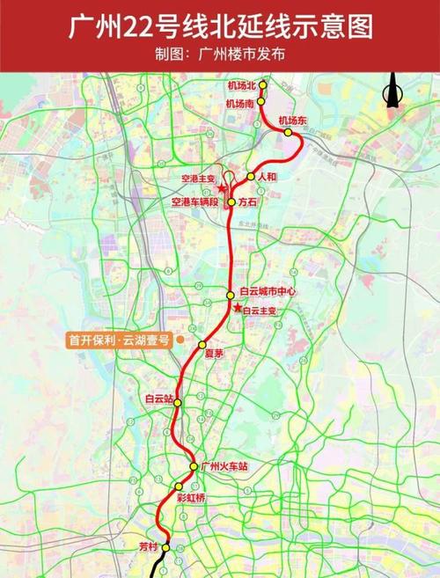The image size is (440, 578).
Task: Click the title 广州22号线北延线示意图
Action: (220, 26)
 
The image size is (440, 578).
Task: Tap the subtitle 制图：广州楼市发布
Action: (220, 54)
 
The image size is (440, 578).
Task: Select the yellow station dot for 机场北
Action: (260, 85)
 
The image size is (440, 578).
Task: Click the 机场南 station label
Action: (239, 103)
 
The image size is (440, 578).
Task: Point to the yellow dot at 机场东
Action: (288, 132)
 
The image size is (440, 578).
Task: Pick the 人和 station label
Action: (267, 176)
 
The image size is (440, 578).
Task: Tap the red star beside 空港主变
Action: (222, 189)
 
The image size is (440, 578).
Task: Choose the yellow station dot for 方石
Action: (231, 202)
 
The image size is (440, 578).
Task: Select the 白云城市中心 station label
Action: (264, 294)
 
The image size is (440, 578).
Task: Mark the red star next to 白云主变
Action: (238, 307)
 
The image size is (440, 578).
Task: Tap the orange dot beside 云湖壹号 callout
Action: (180, 339)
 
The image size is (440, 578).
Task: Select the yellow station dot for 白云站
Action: (178, 402)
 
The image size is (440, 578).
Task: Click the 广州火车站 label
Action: (224, 466)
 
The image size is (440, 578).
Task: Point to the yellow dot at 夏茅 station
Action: (202, 345)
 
